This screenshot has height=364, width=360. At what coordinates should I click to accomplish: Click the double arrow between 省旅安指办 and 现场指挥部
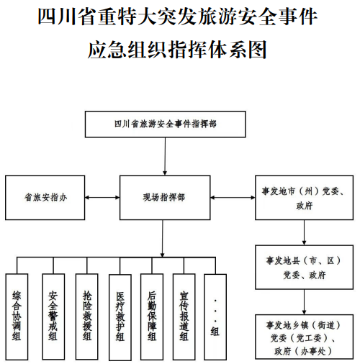pyautogui.click(x=102, y=198)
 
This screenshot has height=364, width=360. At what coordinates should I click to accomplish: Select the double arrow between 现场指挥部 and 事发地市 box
pyautogui.click(x=233, y=198)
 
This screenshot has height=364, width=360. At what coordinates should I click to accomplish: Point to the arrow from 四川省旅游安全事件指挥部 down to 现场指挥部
pyautogui.click(x=165, y=156)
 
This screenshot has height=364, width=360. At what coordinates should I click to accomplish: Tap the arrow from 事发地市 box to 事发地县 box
pyautogui.click(x=304, y=232)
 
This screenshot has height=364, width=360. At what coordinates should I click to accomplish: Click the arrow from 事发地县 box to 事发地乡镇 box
pyautogui.click(x=304, y=302)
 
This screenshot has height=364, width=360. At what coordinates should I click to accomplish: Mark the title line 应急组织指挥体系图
pyautogui.click(x=177, y=50)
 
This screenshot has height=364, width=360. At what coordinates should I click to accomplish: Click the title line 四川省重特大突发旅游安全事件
pyautogui.click(x=178, y=17)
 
